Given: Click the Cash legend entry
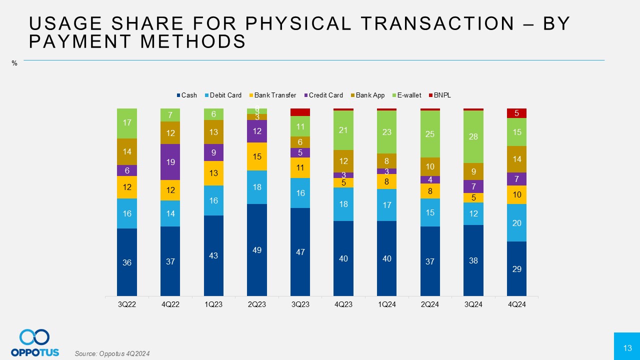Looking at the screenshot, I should (186, 95).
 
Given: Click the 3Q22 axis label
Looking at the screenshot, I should (127, 304).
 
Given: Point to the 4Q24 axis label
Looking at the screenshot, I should (516, 304).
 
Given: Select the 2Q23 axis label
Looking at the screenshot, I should (257, 304).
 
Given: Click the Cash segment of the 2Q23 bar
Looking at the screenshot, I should (257, 250).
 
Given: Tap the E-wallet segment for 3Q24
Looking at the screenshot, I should (473, 136).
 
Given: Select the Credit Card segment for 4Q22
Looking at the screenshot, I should (170, 162).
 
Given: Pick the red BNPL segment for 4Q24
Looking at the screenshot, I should (516, 113).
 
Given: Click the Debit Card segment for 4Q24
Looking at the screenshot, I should (516, 223).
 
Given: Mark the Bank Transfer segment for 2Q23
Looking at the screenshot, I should (257, 156).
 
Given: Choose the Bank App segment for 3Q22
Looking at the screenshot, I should (127, 151).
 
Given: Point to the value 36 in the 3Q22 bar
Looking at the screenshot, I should (127, 262).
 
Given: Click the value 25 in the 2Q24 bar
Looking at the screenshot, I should (430, 133).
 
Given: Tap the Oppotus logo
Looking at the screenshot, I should (35, 342).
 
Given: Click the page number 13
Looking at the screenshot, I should (627, 348).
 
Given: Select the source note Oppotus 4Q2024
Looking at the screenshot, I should (112, 353).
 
